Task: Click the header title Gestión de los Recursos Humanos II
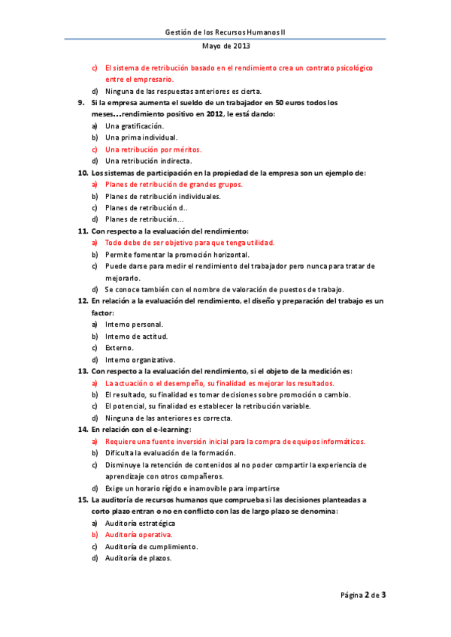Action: [x=230, y=32]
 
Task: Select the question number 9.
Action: [x=81, y=102]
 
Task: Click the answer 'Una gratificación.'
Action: [x=135, y=126]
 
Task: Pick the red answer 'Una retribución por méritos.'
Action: [x=153, y=149]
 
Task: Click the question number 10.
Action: [x=83, y=173]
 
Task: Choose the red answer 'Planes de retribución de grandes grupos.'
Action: [x=174, y=184]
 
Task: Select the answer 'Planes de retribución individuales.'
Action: [x=162, y=196]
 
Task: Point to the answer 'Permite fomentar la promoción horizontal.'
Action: [x=175, y=255]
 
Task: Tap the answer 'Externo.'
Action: [x=120, y=348]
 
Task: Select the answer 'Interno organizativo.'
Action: [x=140, y=360]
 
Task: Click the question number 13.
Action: [x=83, y=371]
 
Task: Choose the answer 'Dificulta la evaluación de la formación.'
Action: [x=171, y=453]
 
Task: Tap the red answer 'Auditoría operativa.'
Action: [x=138, y=535]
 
